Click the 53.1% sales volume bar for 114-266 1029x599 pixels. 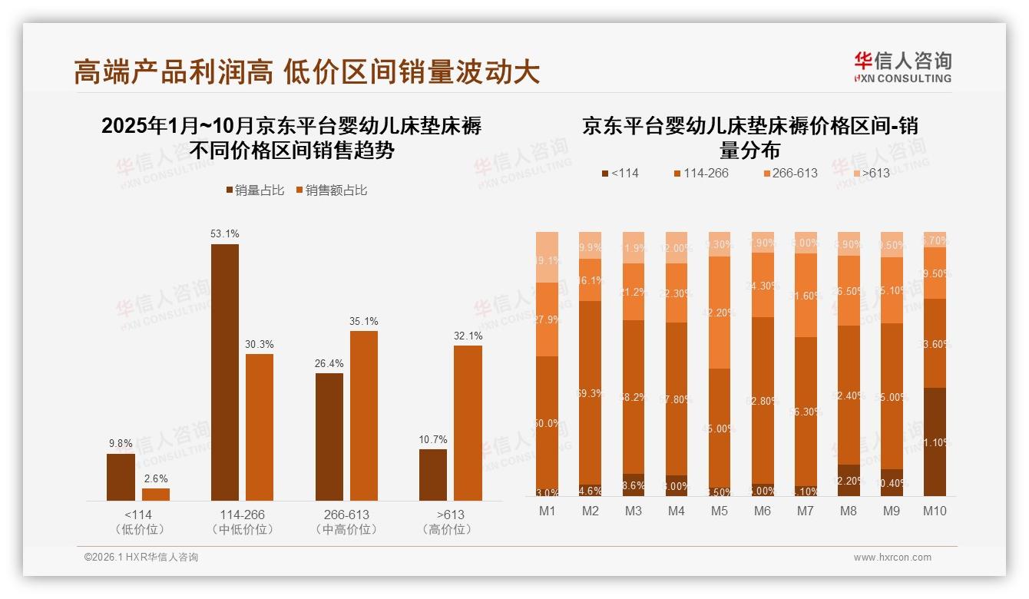tap(224, 372)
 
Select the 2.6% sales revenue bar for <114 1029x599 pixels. tap(156, 495)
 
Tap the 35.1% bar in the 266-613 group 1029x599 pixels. tap(363, 415)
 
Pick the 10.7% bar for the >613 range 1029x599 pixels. tap(432, 475)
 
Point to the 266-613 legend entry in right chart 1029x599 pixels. tap(790, 174)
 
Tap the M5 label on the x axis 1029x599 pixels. tap(720, 511)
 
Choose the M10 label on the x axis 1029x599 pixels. tap(935, 511)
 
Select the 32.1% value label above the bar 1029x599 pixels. tap(468, 336)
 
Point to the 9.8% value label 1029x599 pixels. tap(121, 444)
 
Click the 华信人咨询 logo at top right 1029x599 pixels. tap(902, 67)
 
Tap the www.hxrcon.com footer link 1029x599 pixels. tap(892, 558)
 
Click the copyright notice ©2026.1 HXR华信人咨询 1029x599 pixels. tap(141, 558)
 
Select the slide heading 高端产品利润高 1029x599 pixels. tap(173, 71)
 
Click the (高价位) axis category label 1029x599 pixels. tap(447, 529)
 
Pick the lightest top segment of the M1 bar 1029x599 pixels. tap(548, 256)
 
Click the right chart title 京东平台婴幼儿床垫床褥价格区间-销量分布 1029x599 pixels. tap(749, 137)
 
